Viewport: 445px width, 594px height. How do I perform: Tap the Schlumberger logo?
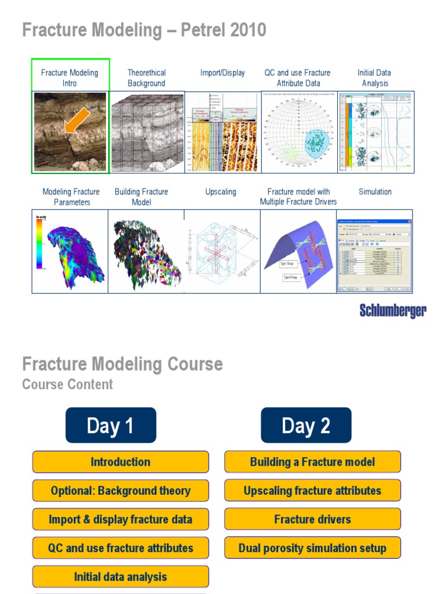[x=393, y=310]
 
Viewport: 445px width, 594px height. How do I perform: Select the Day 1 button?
[x=111, y=426]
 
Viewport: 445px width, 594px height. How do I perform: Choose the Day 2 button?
[x=306, y=426]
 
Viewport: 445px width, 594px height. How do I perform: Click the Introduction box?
[x=121, y=462]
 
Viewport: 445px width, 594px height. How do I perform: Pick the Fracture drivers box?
[x=312, y=519]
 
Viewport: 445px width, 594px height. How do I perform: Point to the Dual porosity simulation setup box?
[x=312, y=548]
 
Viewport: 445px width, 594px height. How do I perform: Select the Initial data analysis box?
[x=121, y=577]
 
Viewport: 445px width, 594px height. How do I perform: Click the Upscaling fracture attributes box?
[x=312, y=491]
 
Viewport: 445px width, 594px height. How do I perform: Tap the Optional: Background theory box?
[x=121, y=491]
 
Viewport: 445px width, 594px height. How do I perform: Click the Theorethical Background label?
[x=147, y=78]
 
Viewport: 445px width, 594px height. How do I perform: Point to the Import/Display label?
[x=222, y=73]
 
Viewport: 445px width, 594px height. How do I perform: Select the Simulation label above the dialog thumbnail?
[x=375, y=191]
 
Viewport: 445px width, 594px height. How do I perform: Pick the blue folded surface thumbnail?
[x=298, y=251]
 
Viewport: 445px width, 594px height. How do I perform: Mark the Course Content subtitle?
[x=68, y=384]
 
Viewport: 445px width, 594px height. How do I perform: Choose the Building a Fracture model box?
[x=312, y=462]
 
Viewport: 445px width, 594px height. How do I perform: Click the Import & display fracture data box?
[x=121, y=519]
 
